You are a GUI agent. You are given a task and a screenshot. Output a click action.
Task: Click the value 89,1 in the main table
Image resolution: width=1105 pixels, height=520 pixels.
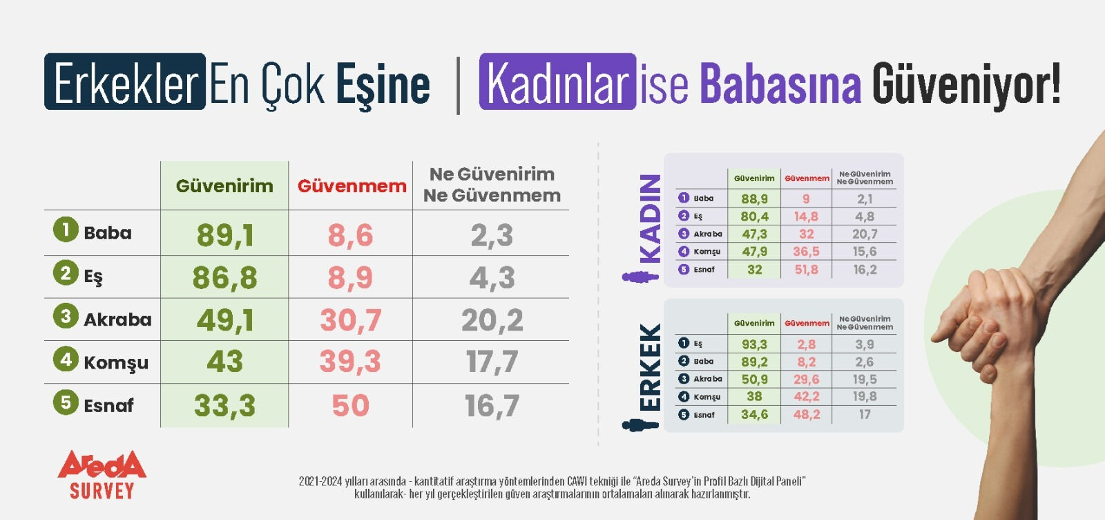click(225, 235)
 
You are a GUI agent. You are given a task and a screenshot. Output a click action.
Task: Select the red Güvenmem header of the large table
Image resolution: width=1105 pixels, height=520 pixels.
click(352, 186)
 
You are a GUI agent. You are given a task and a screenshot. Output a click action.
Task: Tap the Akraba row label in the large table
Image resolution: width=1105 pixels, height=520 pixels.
click(117, 319)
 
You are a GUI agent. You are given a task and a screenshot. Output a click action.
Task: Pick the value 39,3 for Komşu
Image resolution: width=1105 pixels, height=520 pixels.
click(350, 362)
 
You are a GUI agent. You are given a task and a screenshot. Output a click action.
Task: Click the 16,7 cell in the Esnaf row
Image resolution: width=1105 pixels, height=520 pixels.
click(492, 406)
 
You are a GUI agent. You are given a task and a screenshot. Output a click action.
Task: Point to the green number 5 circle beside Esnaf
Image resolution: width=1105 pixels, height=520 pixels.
click(66, 402)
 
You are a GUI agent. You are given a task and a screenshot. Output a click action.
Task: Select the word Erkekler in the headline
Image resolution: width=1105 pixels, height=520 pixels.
click(126, 82)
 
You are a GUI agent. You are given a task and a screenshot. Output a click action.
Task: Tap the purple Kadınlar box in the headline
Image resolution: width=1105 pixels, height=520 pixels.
click(557, 82)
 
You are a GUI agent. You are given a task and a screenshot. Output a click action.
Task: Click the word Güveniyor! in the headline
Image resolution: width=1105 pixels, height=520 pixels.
click(966, 84)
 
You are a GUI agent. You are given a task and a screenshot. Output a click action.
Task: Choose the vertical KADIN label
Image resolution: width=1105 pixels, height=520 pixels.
click(650, 218)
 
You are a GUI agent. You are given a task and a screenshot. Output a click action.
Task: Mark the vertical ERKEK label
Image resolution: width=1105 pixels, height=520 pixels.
click(650, 367)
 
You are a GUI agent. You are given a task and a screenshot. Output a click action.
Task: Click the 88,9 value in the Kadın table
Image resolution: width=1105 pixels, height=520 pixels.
click(754, 199)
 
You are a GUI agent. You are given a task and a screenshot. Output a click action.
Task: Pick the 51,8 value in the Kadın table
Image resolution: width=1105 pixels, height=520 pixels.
click(806, 270)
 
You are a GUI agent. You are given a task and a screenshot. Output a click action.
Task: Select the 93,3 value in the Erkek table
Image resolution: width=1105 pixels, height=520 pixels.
click(754, 344)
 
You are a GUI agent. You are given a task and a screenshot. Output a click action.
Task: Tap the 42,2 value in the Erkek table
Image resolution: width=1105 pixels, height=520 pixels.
click(806, 397)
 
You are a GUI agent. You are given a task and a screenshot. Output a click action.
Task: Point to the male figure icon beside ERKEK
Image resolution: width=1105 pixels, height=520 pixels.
click(640, 424)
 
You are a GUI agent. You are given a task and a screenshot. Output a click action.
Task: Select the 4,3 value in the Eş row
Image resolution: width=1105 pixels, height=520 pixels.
click(492, 278)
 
